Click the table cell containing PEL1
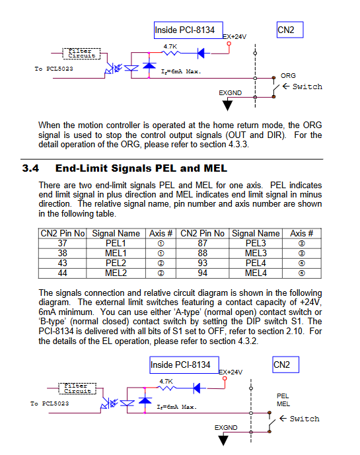click(x=116, y=243)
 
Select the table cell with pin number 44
click(x=62, y=273)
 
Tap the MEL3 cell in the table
click(x=256, y=254)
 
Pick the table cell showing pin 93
click(x=202, y=263)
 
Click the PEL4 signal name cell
click(x=256, y=263)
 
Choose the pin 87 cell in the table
click(x=202, y=243)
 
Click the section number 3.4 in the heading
click(x=30, y=168)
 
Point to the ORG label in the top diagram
click(x=288, y=76)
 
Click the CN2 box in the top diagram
click(x=290, y=30)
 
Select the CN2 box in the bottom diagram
click(x=285, y=365)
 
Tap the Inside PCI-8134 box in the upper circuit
click(x=188, y=30)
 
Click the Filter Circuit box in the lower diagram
click(x=77, y=388)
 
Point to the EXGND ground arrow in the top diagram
click(x=227, y=104)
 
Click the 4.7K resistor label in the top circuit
click(x=170, y=46)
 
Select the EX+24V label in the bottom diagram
click(x=231, y=372)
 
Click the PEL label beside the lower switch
click(x=283, y=396)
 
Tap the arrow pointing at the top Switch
click(x=286, y=87)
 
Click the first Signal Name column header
click(x=116, y=233)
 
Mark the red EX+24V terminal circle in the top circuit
click(x=229, y=44)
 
